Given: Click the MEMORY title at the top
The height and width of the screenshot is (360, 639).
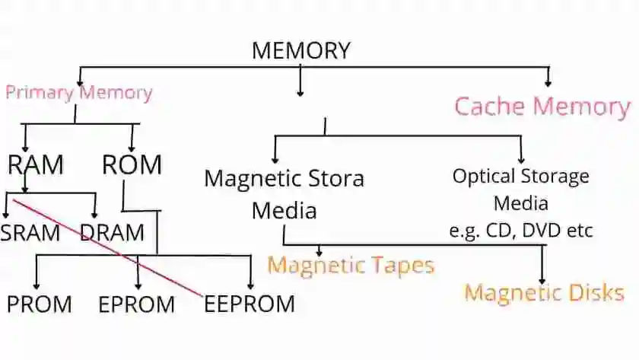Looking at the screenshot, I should pyautogui.click(x=300, y=51).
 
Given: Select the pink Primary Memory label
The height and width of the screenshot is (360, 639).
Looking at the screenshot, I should pyautogui.click(x=78, y=93).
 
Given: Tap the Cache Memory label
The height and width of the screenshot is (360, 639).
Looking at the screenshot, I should pyautogui.click(x=542, y=106).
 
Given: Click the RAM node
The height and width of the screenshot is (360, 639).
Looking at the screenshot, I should pyautogui.click(x=36, y=164).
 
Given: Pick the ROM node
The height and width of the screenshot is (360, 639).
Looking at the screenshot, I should pyautogui.click(x=132, y=164).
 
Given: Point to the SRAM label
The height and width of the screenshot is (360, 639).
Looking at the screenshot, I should pyautogui.click(x=30, y=232).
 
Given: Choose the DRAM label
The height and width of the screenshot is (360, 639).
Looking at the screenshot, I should pyautogui.click(x=112, y=232).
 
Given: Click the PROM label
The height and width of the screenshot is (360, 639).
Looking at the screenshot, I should pyautogui.click(x=40, y=304).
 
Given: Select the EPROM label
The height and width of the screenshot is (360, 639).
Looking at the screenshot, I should pyautogui.click(x=136, y=304).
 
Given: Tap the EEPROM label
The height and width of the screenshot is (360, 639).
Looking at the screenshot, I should pyautogui.click(x=250, y=304).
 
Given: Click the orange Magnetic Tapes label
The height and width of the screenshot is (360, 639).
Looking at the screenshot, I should pyautogui.click(x=351, y=265).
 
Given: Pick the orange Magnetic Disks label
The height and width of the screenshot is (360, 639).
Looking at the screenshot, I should pyautogui.click(x=544, y=292).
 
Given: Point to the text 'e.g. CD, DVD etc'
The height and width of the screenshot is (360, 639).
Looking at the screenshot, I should pyautogui.click(x=521, y=230).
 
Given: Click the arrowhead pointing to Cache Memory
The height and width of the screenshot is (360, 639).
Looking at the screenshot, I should pyautogui.click(x=548, y=81).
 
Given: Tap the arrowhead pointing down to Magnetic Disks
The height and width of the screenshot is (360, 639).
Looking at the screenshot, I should pyautogui.click(x=542, y=279).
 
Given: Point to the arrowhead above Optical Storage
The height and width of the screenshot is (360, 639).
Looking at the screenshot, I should pyautogui.click(x=521, y=158).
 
